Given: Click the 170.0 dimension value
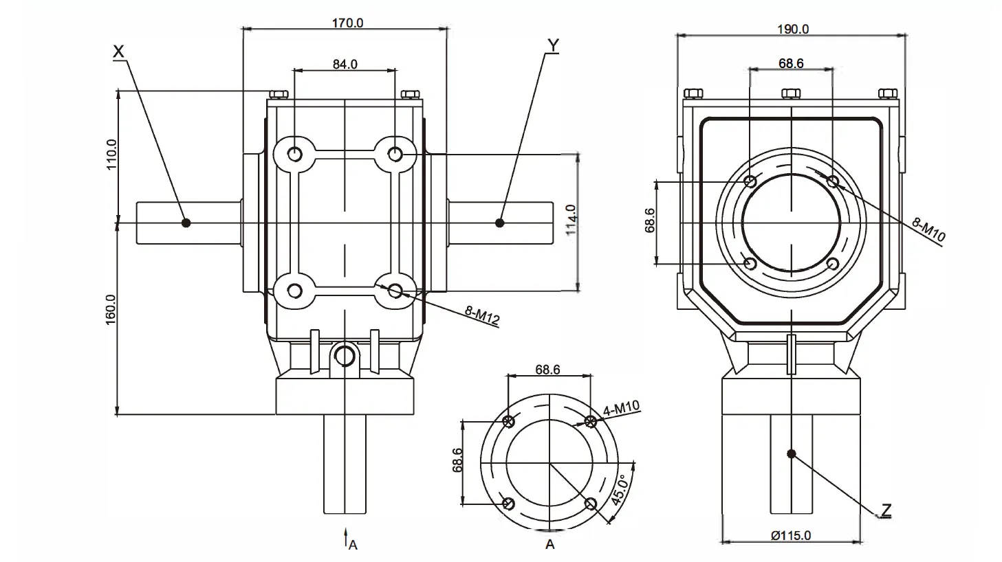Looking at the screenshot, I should (x=347, y=23).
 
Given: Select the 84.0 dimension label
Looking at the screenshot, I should (x=345, y=64).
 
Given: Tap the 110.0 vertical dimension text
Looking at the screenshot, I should (x=112, y=155).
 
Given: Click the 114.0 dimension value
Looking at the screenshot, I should (x=570, y=221).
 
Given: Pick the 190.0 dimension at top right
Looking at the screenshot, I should (x=794, y=30).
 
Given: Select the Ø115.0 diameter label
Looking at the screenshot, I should (x=791, y=535).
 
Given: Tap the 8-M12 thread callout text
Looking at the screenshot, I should (x=482, y=316).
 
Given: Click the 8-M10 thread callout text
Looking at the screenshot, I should (x=928, y=230).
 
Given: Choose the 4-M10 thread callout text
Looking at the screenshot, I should (x=621, y=409).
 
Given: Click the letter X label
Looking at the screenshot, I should (x=118, y=52).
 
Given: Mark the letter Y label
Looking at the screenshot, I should (x=553, y=45).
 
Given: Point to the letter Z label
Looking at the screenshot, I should (x=886, y=510).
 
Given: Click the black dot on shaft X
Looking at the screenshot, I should (x=186, y=223).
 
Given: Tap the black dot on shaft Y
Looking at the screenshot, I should (x=500, y=223).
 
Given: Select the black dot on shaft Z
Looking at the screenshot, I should (x=792, y=453).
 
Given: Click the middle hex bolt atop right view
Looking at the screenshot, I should (x=791, y=93).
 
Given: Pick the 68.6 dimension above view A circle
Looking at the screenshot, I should (x=547, y=370).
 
